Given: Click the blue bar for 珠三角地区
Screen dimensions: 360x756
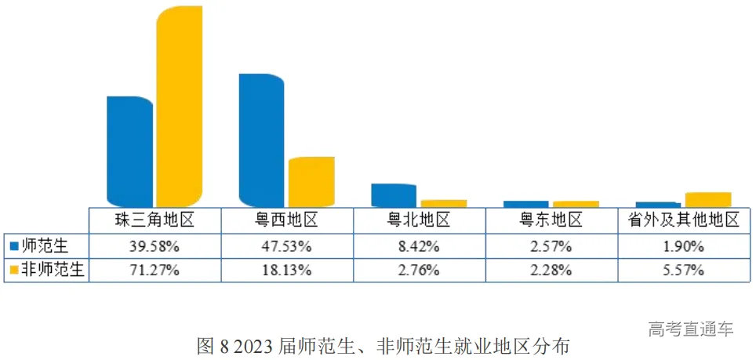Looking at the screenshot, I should (129, 151).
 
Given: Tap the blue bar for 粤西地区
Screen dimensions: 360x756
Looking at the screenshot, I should (261, 140).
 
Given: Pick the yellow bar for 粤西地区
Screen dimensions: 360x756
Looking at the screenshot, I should (311, 182).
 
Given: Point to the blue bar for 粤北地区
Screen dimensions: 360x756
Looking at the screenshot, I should (393, 195).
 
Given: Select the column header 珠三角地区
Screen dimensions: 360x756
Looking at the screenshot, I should (154, 220).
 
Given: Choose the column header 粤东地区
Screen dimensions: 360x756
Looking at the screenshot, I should (551, 220).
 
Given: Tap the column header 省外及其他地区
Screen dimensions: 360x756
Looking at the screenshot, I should (684, 220).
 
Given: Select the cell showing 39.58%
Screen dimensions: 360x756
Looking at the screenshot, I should (154, 246).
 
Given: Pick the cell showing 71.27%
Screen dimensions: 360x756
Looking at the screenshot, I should (154, 271).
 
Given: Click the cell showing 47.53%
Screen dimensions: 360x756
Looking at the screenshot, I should (287, 246).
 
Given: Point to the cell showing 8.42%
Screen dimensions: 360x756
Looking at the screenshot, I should (419, 246).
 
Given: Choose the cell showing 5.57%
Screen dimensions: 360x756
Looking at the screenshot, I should (684, 271).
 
